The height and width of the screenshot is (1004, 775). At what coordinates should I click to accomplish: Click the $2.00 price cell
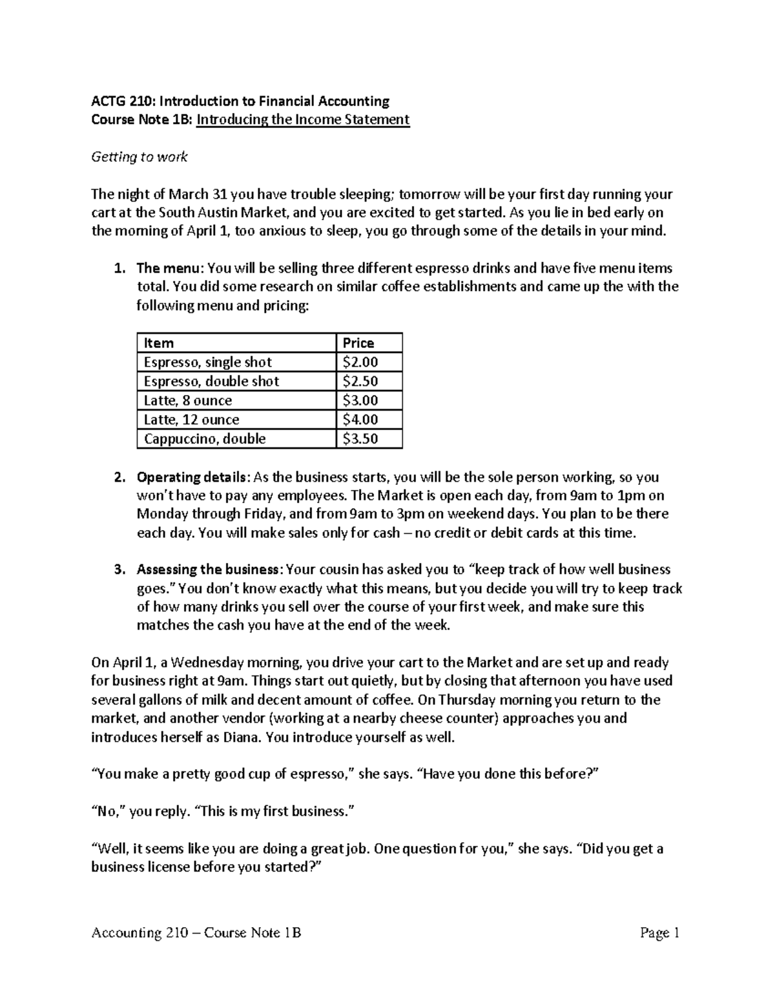point(360,362)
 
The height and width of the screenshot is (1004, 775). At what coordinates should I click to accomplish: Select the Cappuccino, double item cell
point(205,439)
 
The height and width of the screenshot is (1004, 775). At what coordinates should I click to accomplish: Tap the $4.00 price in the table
point(360,420)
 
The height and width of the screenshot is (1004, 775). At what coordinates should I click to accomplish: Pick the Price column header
point(358,343)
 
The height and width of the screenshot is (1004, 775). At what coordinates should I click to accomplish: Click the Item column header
point(159,343)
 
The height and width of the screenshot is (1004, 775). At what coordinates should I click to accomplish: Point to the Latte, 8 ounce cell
point(187,401)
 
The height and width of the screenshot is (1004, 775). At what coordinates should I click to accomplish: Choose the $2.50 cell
point(360,381)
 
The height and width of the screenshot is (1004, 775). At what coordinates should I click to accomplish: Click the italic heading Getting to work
point(139,157)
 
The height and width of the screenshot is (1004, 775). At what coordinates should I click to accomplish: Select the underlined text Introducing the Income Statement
point(303,120)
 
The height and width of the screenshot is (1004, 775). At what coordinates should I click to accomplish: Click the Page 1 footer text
point(660,932)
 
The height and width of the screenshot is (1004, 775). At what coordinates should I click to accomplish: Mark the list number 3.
point(119,570)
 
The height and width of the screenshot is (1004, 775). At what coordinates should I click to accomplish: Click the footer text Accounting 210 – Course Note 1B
point(197,932)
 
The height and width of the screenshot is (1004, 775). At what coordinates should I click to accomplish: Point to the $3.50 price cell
point(360,439)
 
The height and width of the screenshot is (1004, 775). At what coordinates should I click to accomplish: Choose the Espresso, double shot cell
point(211,381)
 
